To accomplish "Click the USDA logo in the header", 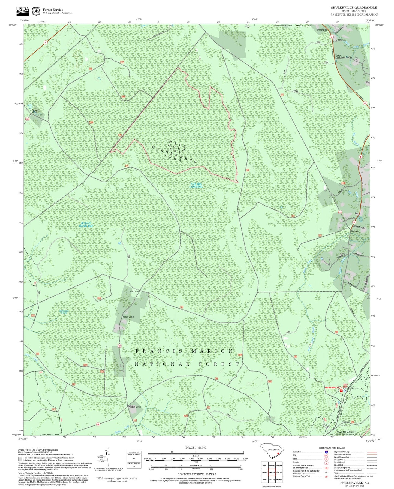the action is tap(23, 11).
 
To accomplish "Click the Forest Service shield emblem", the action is tap(36, 11).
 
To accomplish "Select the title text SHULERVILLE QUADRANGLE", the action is tap(354, 8).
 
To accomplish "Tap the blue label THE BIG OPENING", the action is tap(196, 185).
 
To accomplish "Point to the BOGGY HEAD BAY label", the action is tap(86, 224).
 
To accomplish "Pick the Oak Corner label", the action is tap(135, 291).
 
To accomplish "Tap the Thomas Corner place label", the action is tap(128, 317).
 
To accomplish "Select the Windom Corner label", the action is tap(135, 407).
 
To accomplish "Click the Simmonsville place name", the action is tap(321, 29).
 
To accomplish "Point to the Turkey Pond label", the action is tap(338, 56).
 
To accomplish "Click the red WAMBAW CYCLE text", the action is tap(333, 387).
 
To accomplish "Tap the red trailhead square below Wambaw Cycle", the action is tap(341, 391).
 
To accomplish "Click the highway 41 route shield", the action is tap(46, 42).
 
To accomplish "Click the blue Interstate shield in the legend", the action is tap(326, 452).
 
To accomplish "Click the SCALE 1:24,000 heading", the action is tap(196, 448).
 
